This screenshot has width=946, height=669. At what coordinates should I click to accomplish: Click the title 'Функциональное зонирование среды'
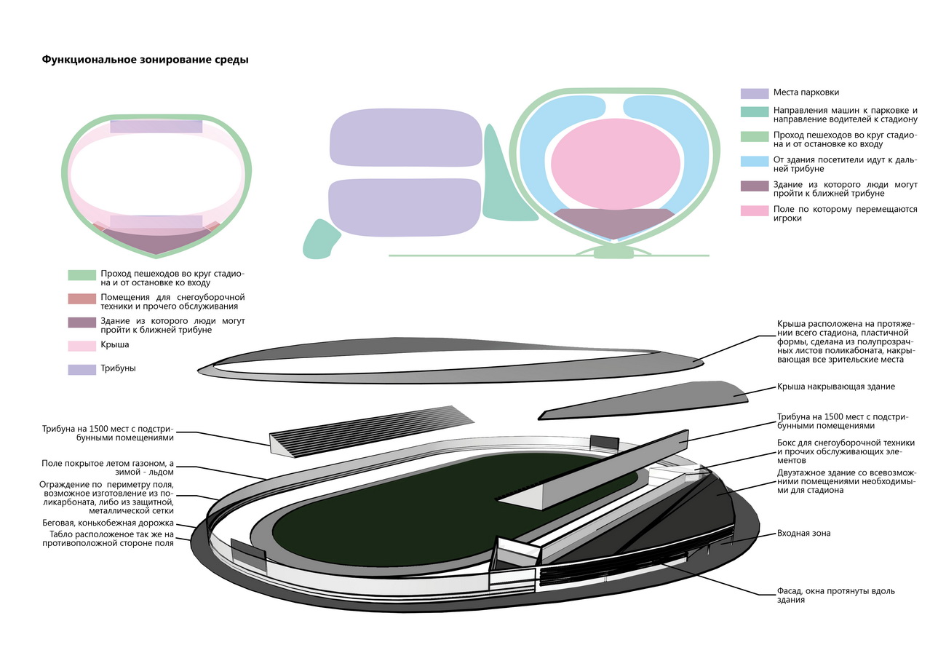tap(145, 60)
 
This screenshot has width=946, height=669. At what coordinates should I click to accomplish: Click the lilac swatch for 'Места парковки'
tap(754, 93)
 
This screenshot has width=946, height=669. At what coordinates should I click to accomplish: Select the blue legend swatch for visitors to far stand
tap(754, 161)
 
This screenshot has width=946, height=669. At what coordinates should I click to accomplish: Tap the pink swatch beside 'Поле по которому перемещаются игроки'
tap(754, 210)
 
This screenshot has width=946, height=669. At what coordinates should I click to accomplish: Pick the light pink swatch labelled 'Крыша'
tap(82, 345)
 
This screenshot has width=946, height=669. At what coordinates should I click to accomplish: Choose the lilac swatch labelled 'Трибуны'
tap(82, 369)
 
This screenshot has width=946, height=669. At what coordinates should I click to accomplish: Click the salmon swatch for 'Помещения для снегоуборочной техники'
tap(82, 298)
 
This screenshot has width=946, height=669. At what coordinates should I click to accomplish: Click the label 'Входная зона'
tap(803, 534)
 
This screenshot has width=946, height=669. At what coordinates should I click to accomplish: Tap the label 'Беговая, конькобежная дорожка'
tap(108, 523)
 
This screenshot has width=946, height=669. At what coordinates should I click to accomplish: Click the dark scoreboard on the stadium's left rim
tap(248, 555)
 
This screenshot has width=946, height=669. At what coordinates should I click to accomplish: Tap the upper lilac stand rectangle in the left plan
tap(156, 126)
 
